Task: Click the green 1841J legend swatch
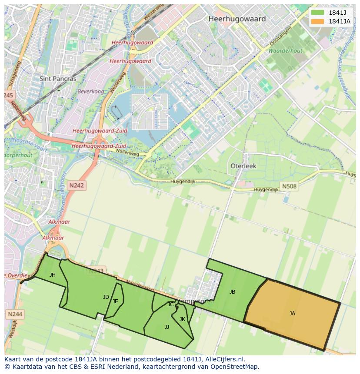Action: [x=318, y=13]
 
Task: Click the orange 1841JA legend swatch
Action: [x=318, y=21]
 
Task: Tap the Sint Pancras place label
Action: [x=58, y=79]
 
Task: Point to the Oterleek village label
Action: [x=243, y=166]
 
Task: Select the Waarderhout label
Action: [x=285, y=51]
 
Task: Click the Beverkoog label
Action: [x=90, y=92]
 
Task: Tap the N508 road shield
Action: [x=289, y=187]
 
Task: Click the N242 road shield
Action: [x=77, y=185]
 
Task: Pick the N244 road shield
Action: [x=16, y=314]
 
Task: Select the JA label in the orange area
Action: [x=292, y=313]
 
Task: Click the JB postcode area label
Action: [x=232, y=292]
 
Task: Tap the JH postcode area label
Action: [x=53, y=275]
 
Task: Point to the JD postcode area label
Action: [x=106, y=297]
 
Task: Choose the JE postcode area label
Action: [x=115, y=301]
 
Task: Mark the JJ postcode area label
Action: [x=167, y=327]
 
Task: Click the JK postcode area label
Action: [x=182, y=319]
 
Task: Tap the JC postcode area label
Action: [x=170, y=304]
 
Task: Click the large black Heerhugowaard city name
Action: [x=237, y=19]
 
